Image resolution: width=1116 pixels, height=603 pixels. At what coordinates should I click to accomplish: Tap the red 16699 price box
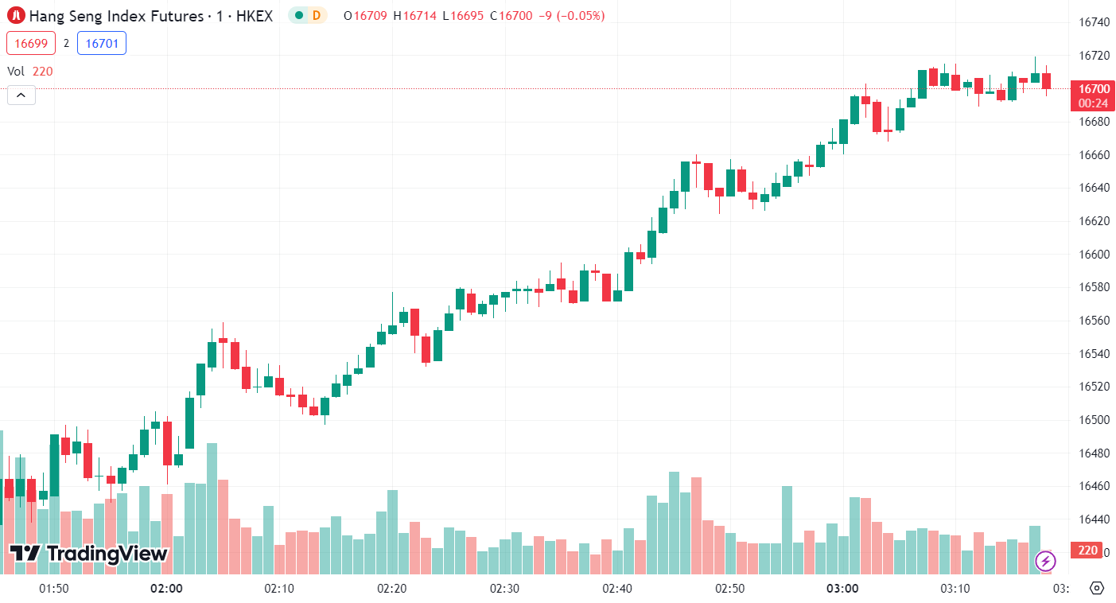(31, 44)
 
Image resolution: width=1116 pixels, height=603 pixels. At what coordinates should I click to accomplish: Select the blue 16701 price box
(102, 44)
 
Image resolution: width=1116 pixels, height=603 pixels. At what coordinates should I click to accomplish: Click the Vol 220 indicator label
(30, 71)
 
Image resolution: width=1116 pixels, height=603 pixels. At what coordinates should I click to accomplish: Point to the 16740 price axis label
(1094, 22)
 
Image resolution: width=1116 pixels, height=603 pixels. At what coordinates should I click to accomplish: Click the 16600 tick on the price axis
(1094, 255)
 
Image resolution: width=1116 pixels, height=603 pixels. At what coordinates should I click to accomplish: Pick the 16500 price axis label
(1094, 420)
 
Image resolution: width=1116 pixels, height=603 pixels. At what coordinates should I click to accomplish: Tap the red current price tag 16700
(1093, 88)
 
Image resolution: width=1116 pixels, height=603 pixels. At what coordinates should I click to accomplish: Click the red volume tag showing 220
(1087, 550)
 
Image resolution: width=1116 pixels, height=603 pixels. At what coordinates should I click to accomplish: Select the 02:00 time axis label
(166, 589)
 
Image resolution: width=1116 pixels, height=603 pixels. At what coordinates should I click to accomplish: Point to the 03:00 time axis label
(842, 589)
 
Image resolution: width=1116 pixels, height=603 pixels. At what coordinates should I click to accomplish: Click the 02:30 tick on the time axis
(504, 589)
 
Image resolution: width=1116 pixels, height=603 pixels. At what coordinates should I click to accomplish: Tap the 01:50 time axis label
(53, 589)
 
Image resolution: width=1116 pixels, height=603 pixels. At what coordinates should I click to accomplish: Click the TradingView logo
(88, 554)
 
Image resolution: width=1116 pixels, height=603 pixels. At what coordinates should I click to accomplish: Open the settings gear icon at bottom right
(1096, 589)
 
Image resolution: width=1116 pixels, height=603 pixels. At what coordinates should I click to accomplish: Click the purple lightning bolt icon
(1045, 561)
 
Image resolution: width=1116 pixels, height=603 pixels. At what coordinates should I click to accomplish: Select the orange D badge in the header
(317, 15)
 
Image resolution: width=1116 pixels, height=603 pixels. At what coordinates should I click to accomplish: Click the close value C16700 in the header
(511, 15)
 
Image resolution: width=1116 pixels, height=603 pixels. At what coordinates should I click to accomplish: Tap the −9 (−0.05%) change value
(571, 15)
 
